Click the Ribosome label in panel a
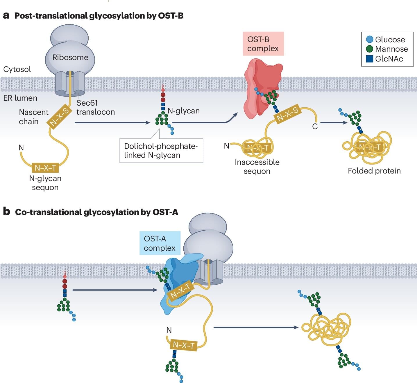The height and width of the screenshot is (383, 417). point(70,57)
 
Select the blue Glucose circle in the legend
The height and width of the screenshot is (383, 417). point(370,39)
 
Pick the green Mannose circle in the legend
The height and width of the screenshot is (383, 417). point(370,49)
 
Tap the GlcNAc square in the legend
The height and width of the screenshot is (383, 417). point(370,59)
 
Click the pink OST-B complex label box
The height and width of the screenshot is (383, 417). point(263,44)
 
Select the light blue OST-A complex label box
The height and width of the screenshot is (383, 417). point(160,243)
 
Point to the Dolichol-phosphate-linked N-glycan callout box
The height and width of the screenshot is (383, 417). point(161,151)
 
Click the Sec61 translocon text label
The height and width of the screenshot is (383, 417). point(95,107)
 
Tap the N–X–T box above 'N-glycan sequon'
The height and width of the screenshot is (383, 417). point(45,168)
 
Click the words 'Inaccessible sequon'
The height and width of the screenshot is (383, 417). point(257,167)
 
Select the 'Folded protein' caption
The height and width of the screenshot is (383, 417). point(374,171)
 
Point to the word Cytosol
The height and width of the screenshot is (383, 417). point(17,69)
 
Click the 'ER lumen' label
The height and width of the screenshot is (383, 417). point(20,98)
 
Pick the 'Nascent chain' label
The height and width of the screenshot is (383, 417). point(33,117)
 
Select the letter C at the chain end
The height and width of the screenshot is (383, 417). point(315,127)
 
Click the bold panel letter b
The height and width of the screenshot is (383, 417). point(6,212)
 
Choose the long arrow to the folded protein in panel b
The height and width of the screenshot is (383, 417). point(256,328)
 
